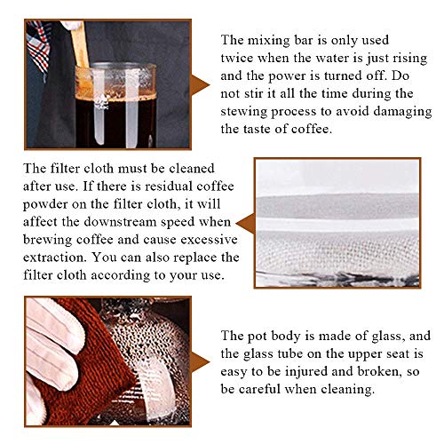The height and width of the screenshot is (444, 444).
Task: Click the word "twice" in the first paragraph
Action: (x=237, y=58)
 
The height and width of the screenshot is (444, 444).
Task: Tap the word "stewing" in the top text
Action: (x=243, y=112)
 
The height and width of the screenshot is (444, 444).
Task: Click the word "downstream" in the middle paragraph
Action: (x=120, y=222)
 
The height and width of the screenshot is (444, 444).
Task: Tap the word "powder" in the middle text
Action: (x=45, y=205)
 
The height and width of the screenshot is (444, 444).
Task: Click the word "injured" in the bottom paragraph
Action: (x=305, y=372)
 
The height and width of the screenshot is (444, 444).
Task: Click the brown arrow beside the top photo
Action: (x=200, y=85)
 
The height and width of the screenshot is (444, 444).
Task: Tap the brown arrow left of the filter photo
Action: (x=245, y=224)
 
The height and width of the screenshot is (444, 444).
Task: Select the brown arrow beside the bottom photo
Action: (x=200, y=361)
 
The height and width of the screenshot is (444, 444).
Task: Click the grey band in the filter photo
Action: (x=337, y=206)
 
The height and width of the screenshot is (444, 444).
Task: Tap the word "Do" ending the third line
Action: (x=400, y=75)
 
